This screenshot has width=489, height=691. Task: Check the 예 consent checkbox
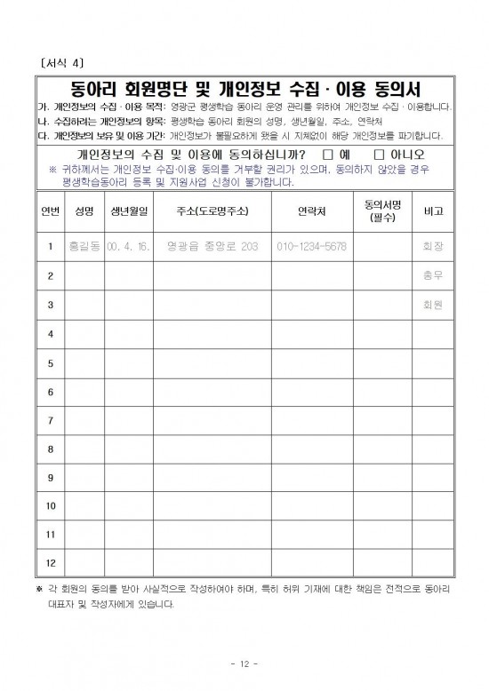pyautogui.click(x=327, y=154)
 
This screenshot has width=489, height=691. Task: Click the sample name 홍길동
pyautogui.click(x=84, y=247)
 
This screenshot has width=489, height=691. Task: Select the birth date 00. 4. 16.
pyautogui.click(x=130, y=247)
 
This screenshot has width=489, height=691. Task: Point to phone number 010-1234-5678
pyautogui.click(x=310, y=247)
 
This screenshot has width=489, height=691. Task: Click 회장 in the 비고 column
pyautogui.click(x=434, y=247)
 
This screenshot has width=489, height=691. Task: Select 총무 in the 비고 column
pyautogui.click(x=434, y=276)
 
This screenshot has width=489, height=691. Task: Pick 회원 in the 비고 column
pyautogui.click(x=434, y=305)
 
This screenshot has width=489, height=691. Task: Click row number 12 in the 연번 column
pyautogui.click(x=50, y=563)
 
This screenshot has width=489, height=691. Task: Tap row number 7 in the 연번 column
pyautogui.click(x=50, y=419)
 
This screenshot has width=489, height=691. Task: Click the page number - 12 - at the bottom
pyautogui.click(x=243, y=663)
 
